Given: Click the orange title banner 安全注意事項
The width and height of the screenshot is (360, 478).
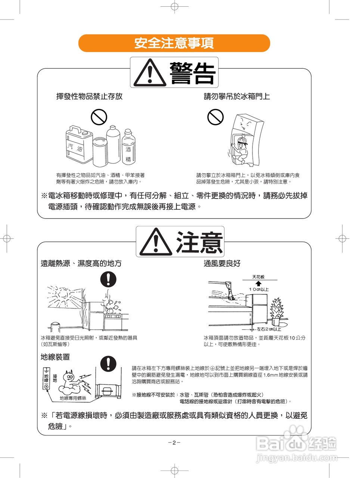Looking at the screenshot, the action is pos(174,43).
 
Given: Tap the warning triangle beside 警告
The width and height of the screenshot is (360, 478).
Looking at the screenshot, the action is pos(150,72).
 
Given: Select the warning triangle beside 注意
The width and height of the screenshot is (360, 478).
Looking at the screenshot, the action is pos(155,242).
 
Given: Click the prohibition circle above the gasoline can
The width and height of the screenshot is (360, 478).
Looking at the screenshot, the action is pos(99,117).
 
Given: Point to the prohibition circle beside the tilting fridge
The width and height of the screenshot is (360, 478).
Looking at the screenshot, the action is pos(215,117).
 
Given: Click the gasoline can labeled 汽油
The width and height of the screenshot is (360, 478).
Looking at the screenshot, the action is pos(79,144).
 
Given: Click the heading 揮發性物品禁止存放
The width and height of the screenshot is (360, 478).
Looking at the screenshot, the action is pos(89,96).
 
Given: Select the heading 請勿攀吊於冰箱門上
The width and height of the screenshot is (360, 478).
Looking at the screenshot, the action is pos(237,96).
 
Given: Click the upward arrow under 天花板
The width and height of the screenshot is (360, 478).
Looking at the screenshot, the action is pos(258,283).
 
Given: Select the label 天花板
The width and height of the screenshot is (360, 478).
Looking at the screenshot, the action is pos(258,277).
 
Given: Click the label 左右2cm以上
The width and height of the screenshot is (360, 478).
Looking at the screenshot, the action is pos(269,329).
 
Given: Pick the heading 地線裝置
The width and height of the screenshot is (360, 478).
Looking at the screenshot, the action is pos(55,357).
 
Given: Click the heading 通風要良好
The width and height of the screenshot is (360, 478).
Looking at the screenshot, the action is pos(222,263).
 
